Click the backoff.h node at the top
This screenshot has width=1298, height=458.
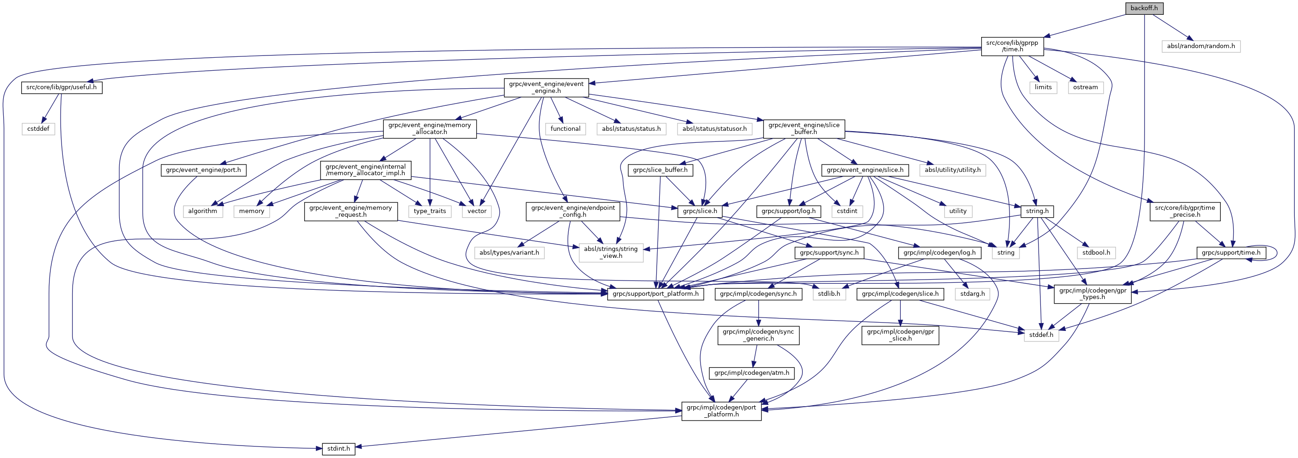pyautogui.click(x=1144, y=8)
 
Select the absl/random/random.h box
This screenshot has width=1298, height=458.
pyautogui.click(x=1201, y=46)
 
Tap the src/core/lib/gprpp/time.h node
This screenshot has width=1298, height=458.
pyautogui.click(x=1012, y=46)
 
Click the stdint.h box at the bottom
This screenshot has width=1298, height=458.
pyautogui.click(x=338, y=448)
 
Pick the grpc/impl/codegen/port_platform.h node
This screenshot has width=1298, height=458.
pyautogui.click(x=721, y=411)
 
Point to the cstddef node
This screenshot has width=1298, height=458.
pyautogui.click(x=38, y=128)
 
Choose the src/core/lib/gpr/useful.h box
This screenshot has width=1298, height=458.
pyautogui.click(x=62, y=87)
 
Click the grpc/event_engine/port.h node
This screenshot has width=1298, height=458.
pyautogui.click(x=203, y=170)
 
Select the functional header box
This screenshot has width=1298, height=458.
pyautogui.click(x=566, y=128)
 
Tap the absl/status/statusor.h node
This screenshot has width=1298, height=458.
pyautogui.click(x=714, y=128)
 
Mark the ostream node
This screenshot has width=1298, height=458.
pyautogui.click(x=1085, y=87)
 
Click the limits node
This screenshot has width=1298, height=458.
pyautogui.click(x=1043, y=87)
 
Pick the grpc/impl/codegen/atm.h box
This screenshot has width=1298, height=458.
pyautogui.click(x=752, y=373)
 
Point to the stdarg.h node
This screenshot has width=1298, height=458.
pyautogui.click(x=972, y=294)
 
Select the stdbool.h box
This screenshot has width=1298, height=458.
pyautogui.click(x=1096, y=252)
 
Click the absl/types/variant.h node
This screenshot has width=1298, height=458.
pyautogui.click(x=509, y=252)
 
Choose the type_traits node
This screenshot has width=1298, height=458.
pyautogui.click(x=430, y=211)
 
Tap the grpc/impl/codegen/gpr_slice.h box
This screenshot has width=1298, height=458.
pyautogui.click(x=900, y=335)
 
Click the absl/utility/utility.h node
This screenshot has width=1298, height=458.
pyautogui.click(x=952, y=170)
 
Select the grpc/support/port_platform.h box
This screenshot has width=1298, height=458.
pyautogui.click(x=655, y=294)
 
